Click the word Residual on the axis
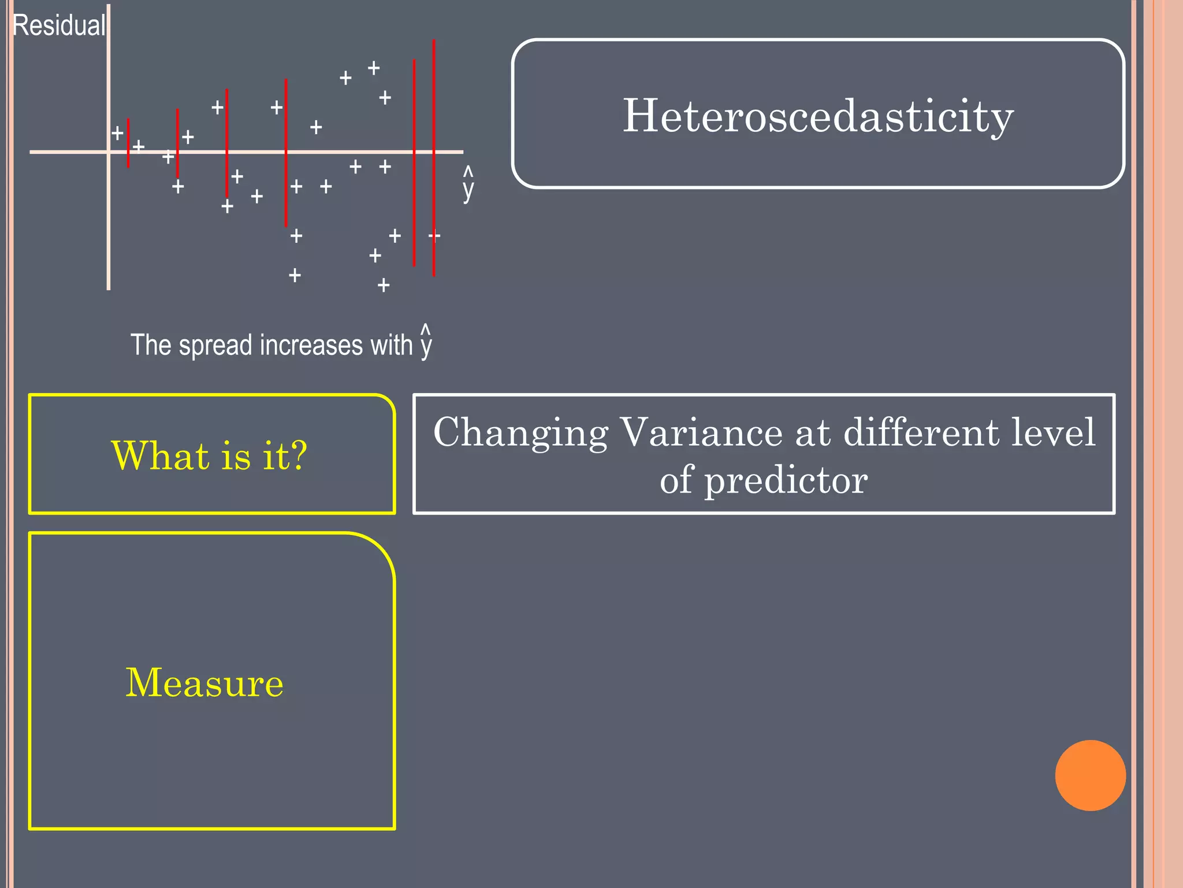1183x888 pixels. (59, 26)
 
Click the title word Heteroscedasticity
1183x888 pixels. (818, 116)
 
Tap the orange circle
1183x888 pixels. (1090, 775)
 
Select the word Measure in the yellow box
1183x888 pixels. (204, 683)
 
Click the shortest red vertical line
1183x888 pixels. (128, 143)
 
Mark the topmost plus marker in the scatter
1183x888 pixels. (374, 68)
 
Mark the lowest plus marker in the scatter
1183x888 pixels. (384, 285)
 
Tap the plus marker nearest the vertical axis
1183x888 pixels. (117, 134)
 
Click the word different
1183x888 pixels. (921, 432)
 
